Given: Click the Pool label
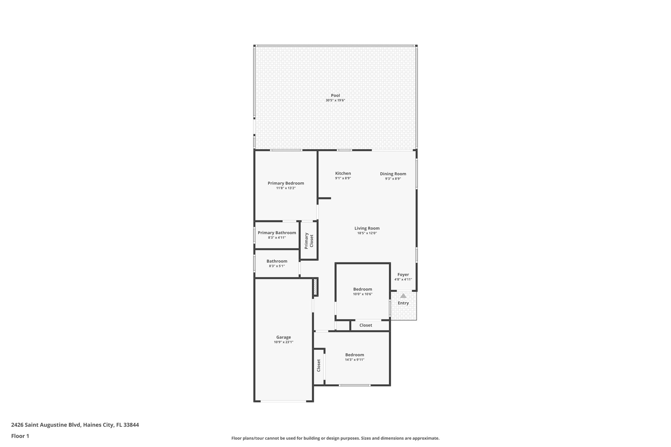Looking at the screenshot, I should click(x=335, y=95).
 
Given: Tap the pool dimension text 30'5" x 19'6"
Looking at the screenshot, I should click(x=335, y=100).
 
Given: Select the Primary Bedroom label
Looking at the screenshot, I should click(x=286, y=183).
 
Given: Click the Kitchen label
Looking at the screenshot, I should click(x=343, y=173).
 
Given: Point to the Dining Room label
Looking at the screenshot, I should click(x=393, y=174).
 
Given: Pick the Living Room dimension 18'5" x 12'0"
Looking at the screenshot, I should click(x=367, y=233).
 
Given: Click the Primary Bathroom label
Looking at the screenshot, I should click(x=277, y=233).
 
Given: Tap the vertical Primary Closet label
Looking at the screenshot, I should click(x=309, y=241).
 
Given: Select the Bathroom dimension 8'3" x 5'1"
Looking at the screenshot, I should click(x=277, y=266).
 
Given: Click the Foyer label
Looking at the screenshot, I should click(x=403, y=275).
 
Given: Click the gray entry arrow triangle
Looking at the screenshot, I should click(x=403, y=296).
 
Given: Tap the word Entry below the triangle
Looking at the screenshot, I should click(x=403, y=303).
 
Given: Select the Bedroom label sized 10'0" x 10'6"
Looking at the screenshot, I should click(x=362, y=289).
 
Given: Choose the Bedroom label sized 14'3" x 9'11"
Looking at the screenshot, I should click(x=355, y=355).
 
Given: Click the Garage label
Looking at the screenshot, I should click(x=283, y=337).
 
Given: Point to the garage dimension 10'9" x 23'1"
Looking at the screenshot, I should click(x=283, y=342).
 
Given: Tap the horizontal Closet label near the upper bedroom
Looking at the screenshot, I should click(x=366, y=325).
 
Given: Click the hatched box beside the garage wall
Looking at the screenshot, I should click(x=315, y=287).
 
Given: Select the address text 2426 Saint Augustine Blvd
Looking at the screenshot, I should click(x=46, y=425).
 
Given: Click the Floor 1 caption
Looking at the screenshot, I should click(x=20, y=436).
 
